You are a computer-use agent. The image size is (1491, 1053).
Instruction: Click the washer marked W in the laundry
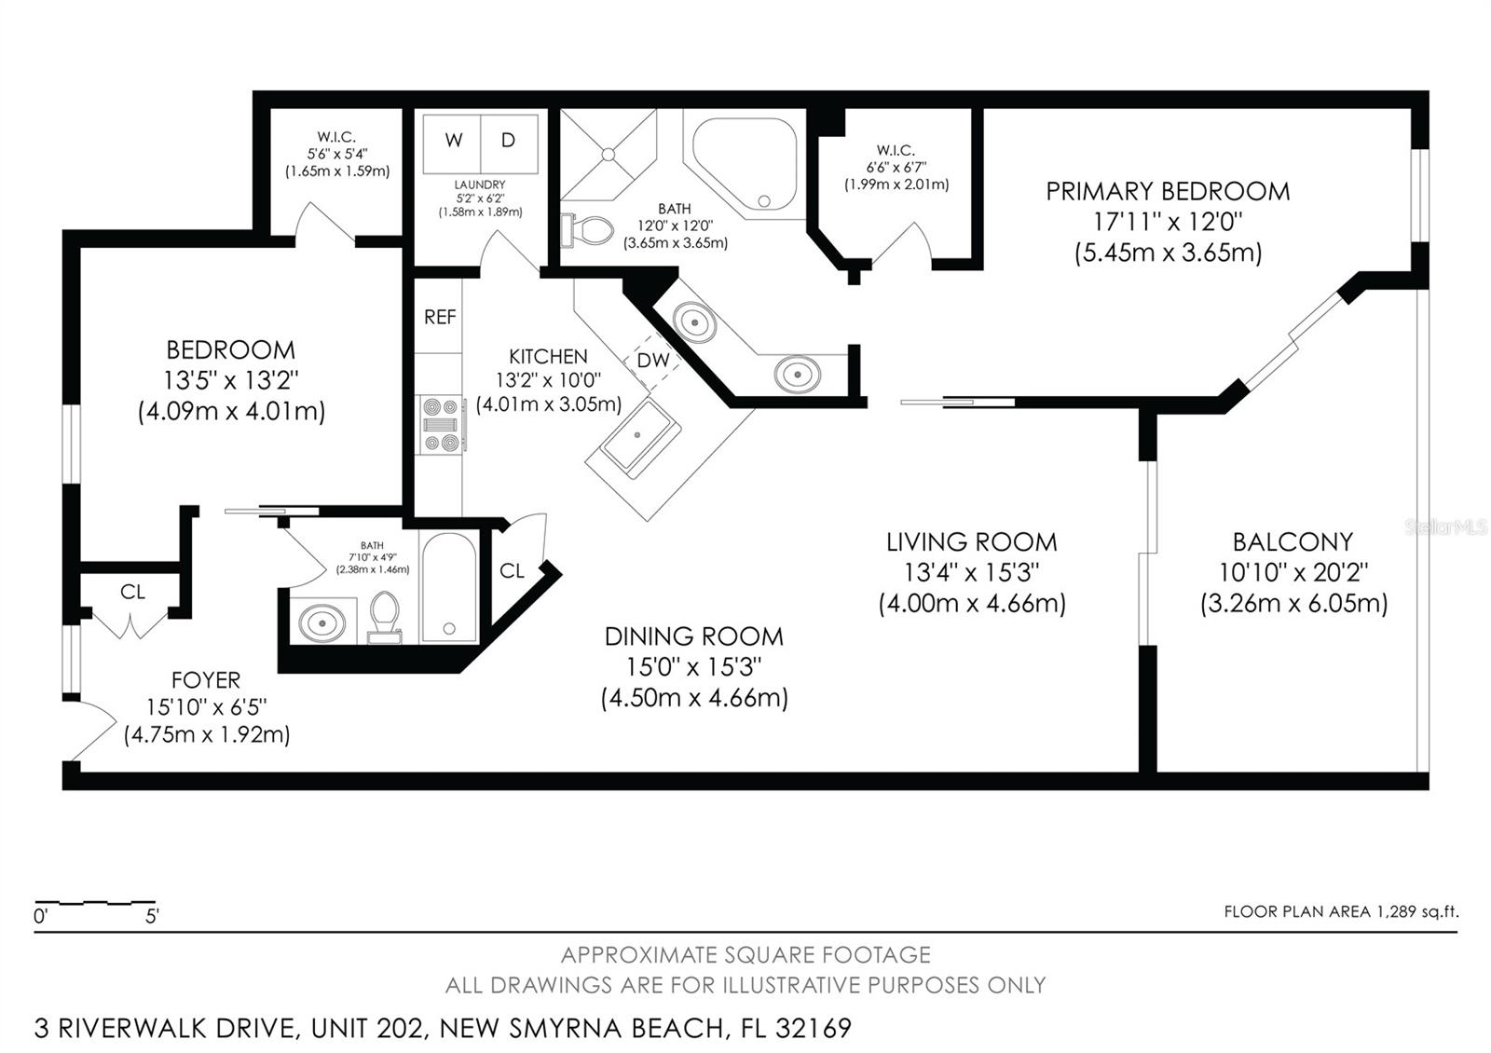tap(452, 144)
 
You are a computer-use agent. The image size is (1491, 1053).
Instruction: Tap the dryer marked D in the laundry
tap(509, 144)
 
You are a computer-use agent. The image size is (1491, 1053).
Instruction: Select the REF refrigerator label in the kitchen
tap(440, 317)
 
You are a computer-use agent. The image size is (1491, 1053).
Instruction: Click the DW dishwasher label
tap(653, 360)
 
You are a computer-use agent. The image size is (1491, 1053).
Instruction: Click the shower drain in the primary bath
tap(609, 155)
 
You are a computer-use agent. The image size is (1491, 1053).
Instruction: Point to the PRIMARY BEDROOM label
tap(1168, 192)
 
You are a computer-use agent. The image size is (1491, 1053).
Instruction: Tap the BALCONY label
tap(1293, 541)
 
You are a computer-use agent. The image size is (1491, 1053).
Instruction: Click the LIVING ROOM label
tap(972, 541)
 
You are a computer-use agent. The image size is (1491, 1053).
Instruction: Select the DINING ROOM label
tap(693, 637)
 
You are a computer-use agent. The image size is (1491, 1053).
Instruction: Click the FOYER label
tap(206, 680)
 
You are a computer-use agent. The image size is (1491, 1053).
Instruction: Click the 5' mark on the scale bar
tap(153, 917)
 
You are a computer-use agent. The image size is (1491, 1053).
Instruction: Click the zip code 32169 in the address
tap(813, 1029)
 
